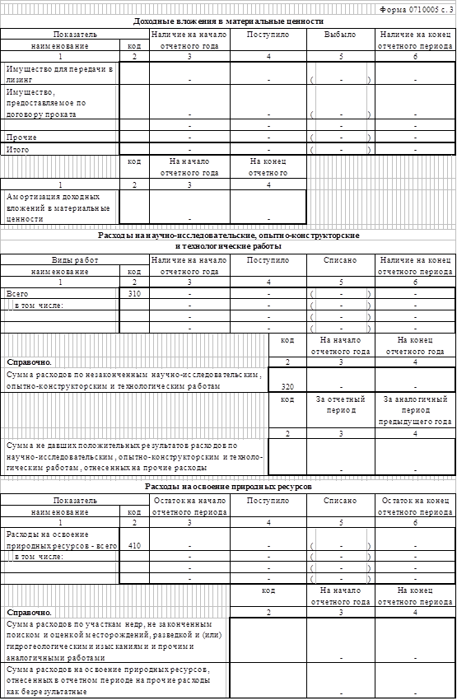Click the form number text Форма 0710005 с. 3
(417, 10)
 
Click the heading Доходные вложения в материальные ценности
(228, 21)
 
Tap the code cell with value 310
(134, 294)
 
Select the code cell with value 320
(287, 386)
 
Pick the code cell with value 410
(134, 545)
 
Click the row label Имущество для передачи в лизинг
(59, 74)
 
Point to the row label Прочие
(21, 138)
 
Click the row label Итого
(17, 150)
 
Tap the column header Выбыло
(341, 35)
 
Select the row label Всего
(17, 294)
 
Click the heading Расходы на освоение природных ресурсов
(228, 487)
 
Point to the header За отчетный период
(341, 404)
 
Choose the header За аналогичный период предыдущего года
(415, 410)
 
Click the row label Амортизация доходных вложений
(58, 208)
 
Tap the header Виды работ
(75, 260)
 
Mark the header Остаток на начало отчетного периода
(189, 506)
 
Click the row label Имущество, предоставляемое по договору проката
(46, 103)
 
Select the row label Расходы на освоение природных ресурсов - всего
(62, 539)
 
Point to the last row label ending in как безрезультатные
(109, 681)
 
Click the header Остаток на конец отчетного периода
(415, 506)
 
